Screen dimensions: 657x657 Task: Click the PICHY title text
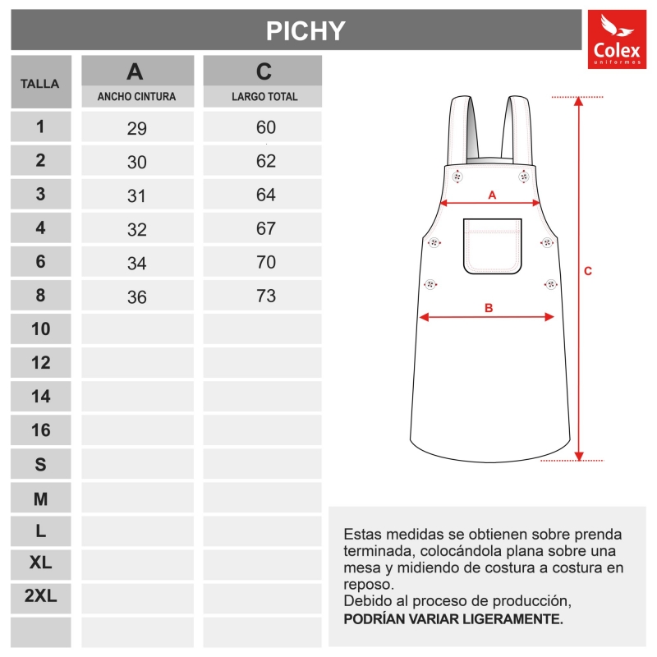click(306, 30)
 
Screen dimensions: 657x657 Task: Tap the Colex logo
click(617, 39)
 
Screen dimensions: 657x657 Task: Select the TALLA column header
click(40, 84)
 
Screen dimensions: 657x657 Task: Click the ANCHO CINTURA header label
click(136, 97)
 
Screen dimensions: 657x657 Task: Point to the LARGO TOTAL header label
click(264, 97)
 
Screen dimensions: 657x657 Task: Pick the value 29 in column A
click(137, 128)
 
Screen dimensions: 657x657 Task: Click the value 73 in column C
click(265, 296)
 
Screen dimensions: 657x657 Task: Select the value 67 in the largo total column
click(265, 228)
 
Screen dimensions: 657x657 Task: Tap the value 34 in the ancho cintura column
click(137, 264)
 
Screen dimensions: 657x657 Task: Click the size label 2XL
click(40, 596)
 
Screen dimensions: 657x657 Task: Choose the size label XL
click(40, 563)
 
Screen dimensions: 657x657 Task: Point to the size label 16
click(40, 430)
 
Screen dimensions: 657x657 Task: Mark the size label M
click(40, 498)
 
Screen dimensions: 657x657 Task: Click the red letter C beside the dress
click(588, 271)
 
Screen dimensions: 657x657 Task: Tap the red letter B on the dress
click(489, 308)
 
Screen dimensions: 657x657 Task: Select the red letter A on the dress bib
click(493, 195)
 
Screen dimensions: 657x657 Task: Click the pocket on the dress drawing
click(493, 246)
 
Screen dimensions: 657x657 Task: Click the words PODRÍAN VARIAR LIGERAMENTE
click(453, 618)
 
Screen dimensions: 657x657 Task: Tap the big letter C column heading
click(264, 71)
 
